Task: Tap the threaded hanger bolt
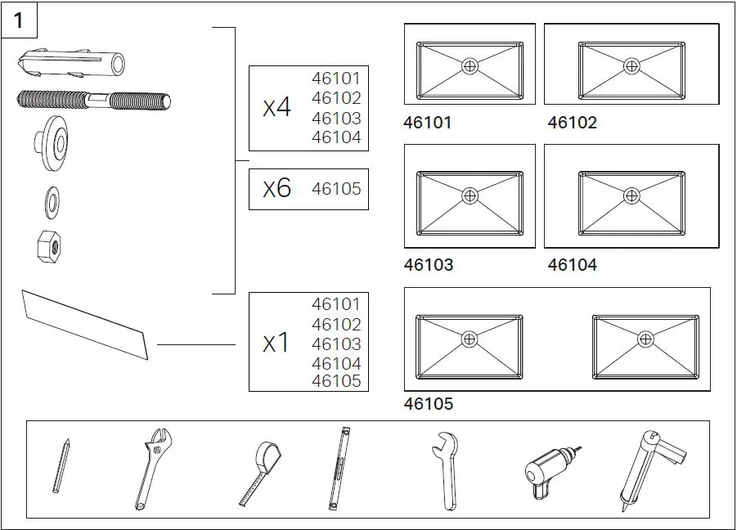click(x=92, y=101)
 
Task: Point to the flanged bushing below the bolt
click(x=55, y=145)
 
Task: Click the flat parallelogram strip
click(x=85, y=324)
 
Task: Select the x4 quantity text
click(x=276, y=108)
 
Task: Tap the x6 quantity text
click(x=276, y=189)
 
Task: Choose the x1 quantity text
click(x=276, y=344)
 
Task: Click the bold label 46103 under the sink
click(x=428, y=265)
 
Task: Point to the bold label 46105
click(x=428, y=404)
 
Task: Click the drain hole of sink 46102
click(x=631, y=66)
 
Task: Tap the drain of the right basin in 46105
click(x=645, y=339)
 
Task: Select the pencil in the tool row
click(x=62, y=466)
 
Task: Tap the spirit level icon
click(x=339, y=469)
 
